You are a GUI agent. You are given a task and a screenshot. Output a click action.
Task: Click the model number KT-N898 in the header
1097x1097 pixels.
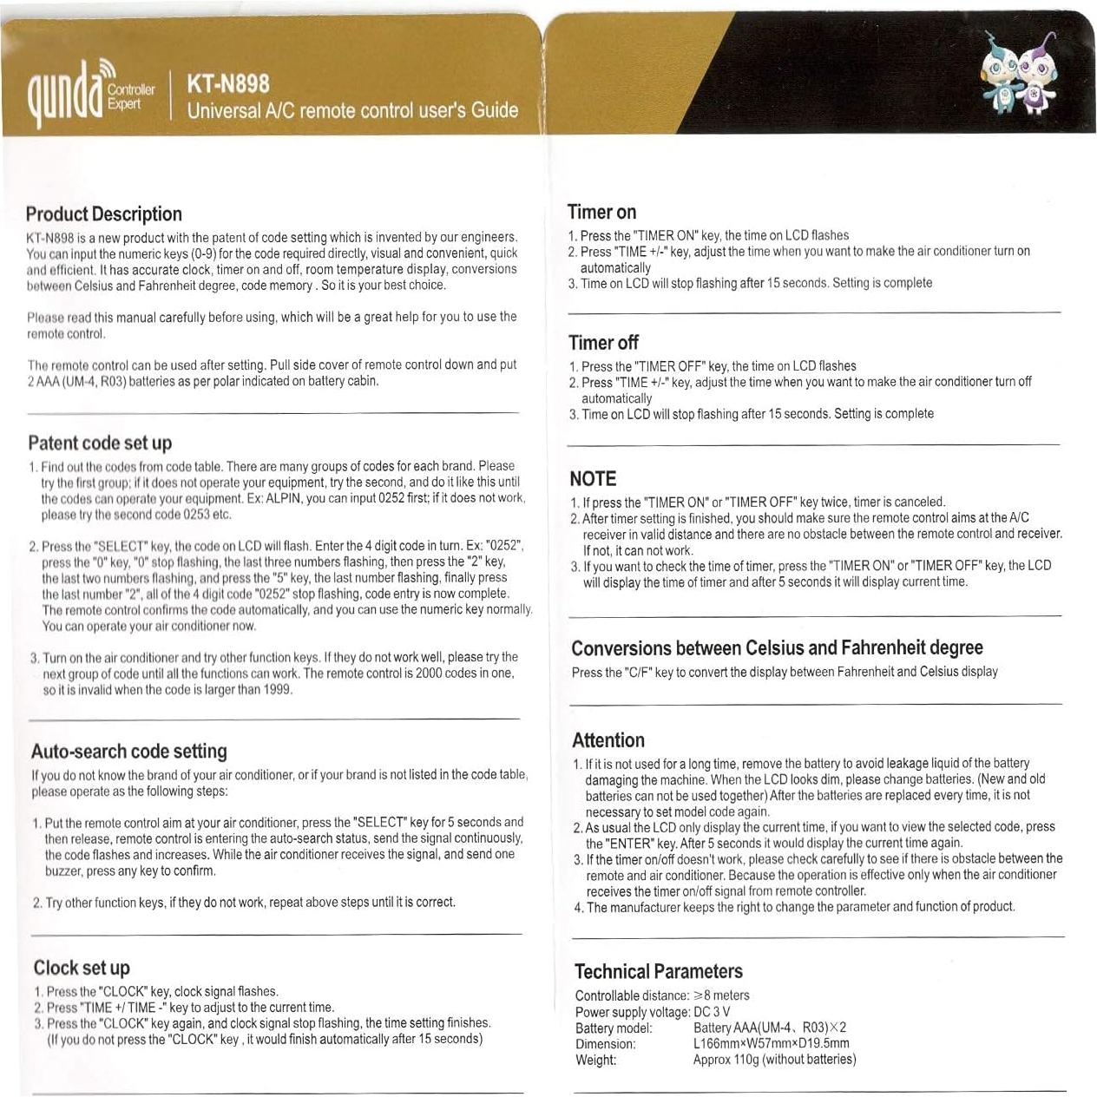pyautogui.click(x=228, y=84)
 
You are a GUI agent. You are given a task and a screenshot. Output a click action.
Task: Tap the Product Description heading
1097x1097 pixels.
pyautogui.click(x=104, y=214)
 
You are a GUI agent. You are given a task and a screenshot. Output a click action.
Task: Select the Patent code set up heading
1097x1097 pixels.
pyautogui.click(x=100, y=443)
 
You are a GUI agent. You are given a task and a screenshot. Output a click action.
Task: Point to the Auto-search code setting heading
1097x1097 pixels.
pyautogui.click(x=129, y=752)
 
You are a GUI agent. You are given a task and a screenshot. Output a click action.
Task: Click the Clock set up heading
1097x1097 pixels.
pyautogui.click(x=82, y=969)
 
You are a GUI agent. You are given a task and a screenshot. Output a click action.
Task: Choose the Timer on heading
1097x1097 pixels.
pyautogui.click(x=601, y=213)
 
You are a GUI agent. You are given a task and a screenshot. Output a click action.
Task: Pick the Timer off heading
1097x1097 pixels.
pyautogui.click(x=603, y=343)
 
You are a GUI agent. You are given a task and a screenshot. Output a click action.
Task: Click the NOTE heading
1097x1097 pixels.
pyautogui.click(x=593, y=479)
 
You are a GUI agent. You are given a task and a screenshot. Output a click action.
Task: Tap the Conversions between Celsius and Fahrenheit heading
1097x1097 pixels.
pyautogui.click(x=777, y=648)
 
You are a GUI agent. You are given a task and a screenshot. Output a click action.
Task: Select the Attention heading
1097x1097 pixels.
pyautogui.click(x=608, y=741)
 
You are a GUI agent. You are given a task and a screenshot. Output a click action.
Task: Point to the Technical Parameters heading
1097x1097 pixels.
pyautogui.click(x=659, y=972)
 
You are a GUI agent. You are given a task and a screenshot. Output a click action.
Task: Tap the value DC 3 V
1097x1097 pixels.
pyautogui.click(x=712, y=1012)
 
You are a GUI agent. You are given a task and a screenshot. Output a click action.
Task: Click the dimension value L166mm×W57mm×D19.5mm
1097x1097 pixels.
pyautogui.click(x=771, y=1043)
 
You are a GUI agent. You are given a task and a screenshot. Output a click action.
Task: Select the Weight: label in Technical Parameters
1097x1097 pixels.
pyautogui.click(x=596, y=1060)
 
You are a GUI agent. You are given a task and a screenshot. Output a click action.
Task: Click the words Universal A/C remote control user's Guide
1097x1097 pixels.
pyautogui.click(x=352, y=111)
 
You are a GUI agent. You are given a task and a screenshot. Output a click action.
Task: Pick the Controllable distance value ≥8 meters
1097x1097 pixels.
pyautogui.click(x=720, y=995)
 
